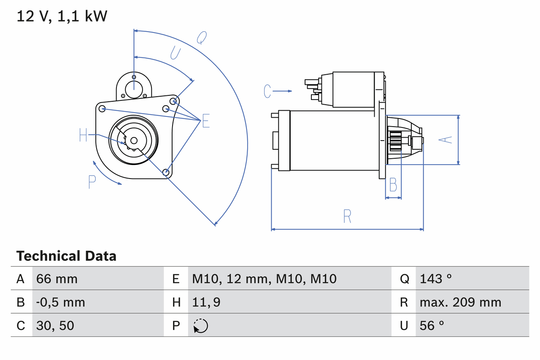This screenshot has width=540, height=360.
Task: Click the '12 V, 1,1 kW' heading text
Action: tap(62, 16)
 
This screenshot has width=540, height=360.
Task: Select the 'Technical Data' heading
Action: tap(66, 256)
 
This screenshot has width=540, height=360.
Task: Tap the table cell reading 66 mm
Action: tap(57, 279)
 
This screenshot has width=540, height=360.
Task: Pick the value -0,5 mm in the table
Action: tap(61, 302)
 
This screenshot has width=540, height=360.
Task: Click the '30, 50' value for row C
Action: tap(55, 325)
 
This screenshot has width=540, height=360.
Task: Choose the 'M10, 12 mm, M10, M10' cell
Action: tap(265, 279)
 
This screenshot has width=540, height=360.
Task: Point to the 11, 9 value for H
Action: tap(206, 302)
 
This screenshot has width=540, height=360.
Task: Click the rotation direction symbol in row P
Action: tap(200, 326)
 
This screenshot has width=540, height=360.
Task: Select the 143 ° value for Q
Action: tap(436, 279)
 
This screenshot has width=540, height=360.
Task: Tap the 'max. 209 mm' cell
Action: tap(460, 302)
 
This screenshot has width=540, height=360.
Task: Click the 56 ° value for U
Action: tap(432, 325)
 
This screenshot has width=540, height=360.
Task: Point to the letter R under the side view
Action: tap(347, 216)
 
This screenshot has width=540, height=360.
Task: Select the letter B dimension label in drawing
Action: tap(393, 184)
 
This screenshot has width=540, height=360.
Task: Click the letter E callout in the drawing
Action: tap(205, 121)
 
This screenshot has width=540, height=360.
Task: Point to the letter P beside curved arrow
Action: tap(92, 182)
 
